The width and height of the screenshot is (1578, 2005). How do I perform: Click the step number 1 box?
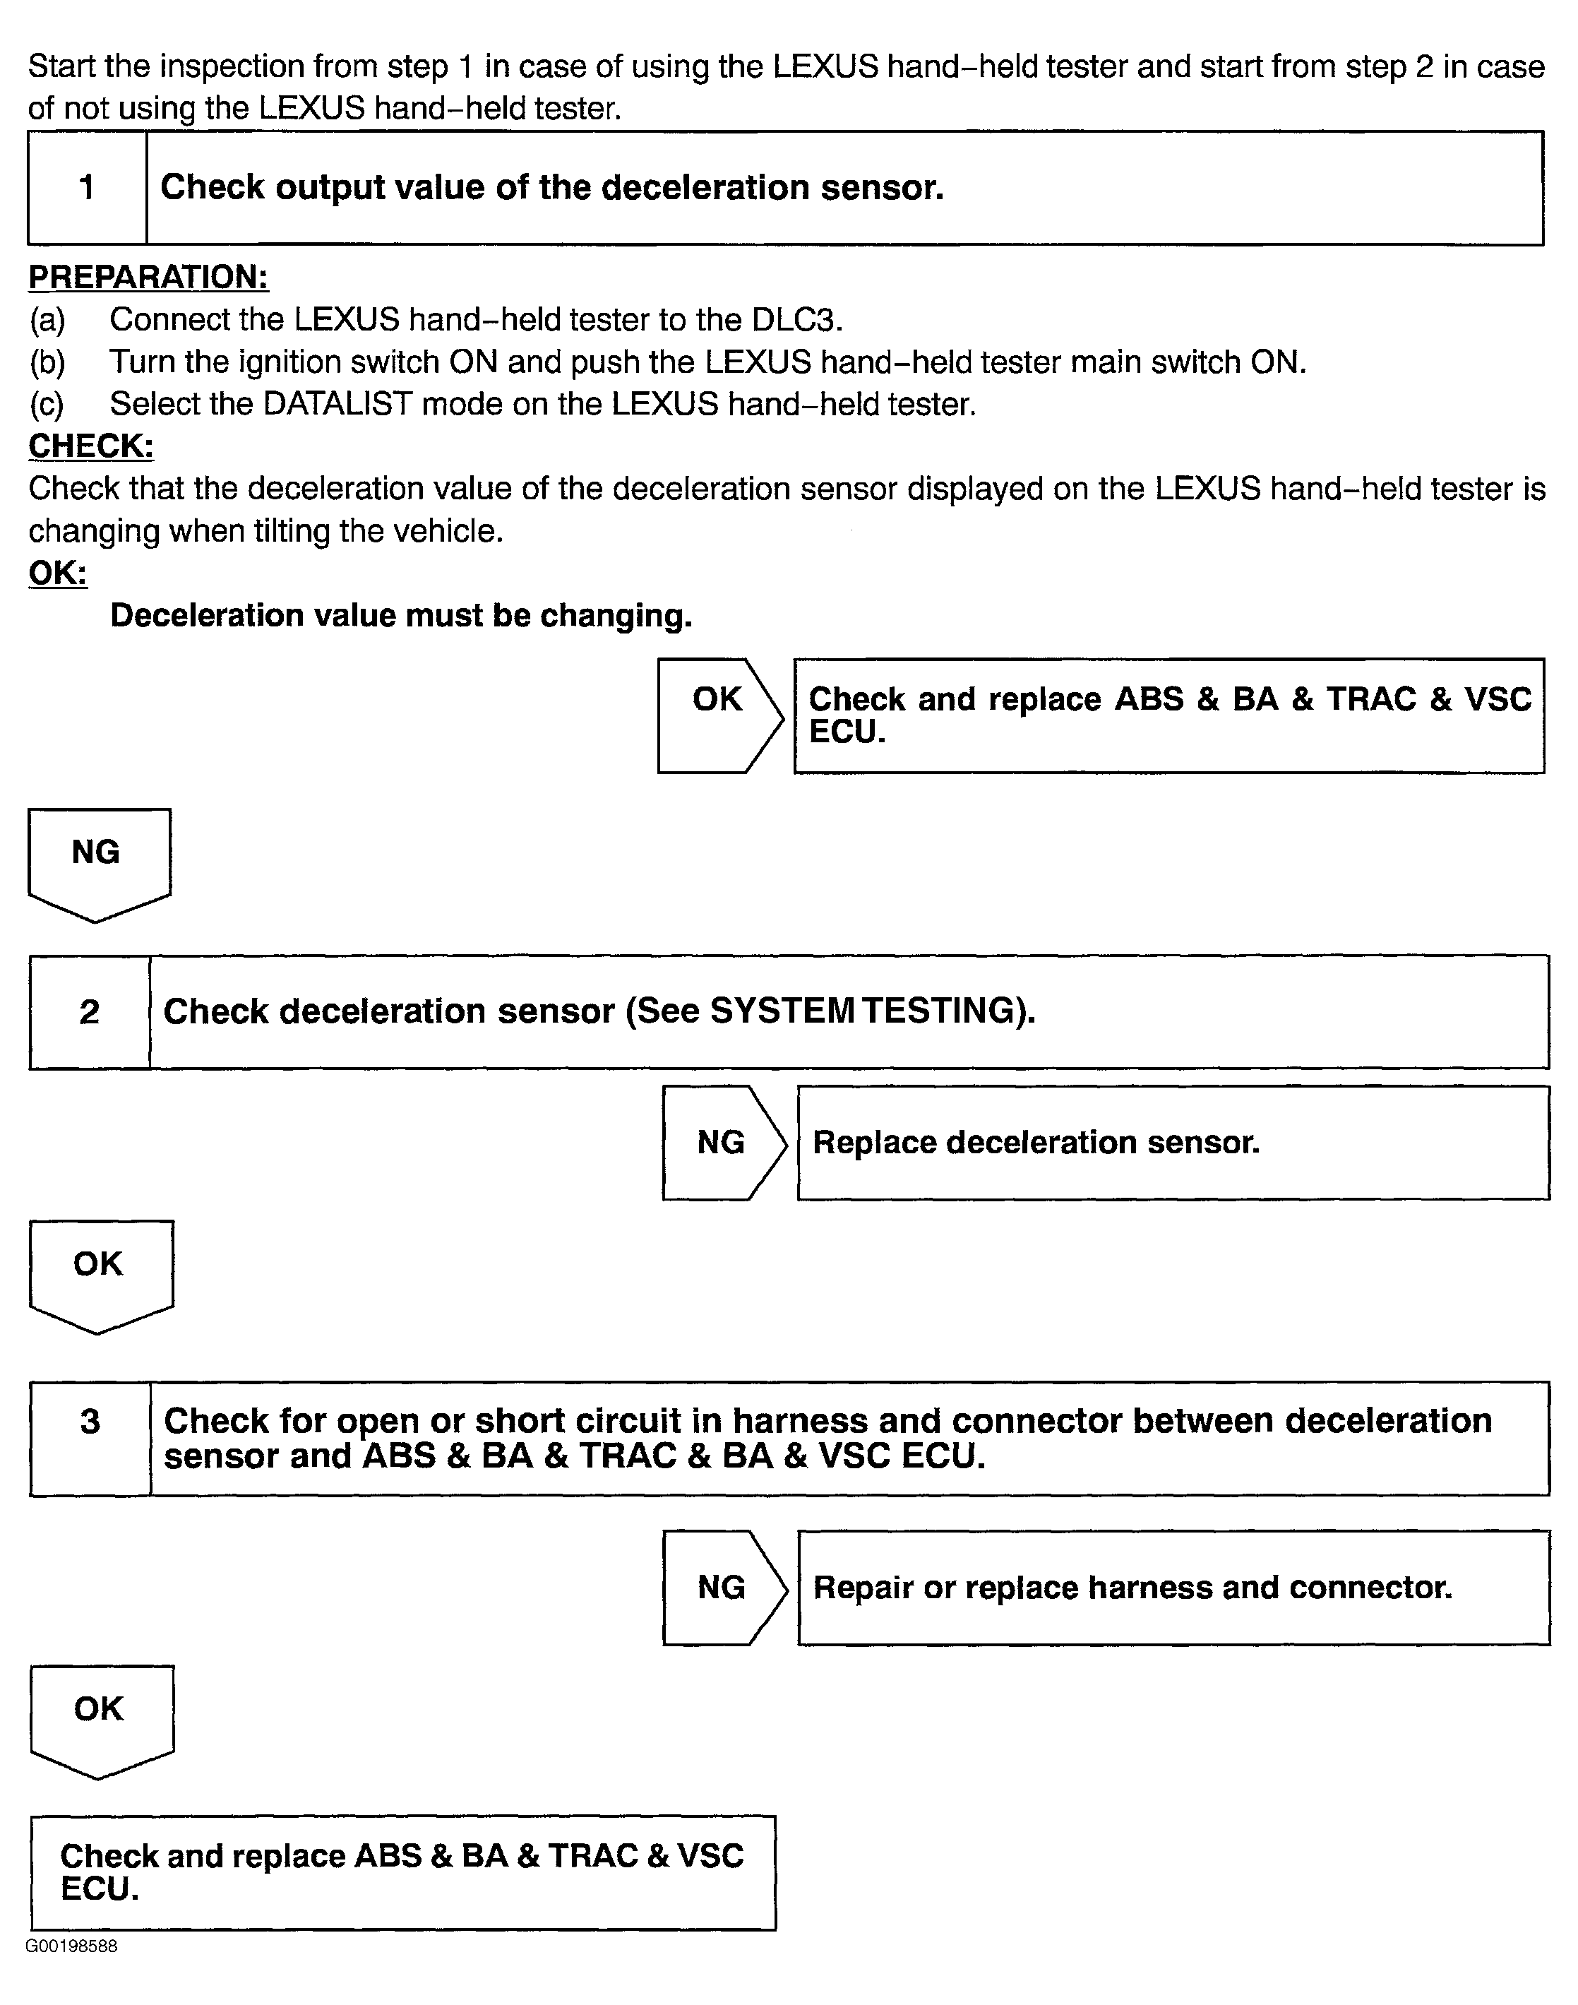tap(87, 188)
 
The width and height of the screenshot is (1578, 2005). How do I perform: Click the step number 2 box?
tap(90, 1012)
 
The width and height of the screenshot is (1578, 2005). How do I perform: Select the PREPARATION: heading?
tap(148, 277)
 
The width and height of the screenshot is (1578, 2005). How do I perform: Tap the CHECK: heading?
tap(90, 446)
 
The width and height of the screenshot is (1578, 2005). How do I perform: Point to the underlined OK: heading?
tap(57, 573)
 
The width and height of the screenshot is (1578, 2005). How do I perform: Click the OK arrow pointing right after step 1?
tap(719, 715)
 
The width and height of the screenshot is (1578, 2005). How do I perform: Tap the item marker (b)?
tap(47, 362)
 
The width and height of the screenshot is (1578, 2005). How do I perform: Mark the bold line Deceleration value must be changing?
tap(401, 615)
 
